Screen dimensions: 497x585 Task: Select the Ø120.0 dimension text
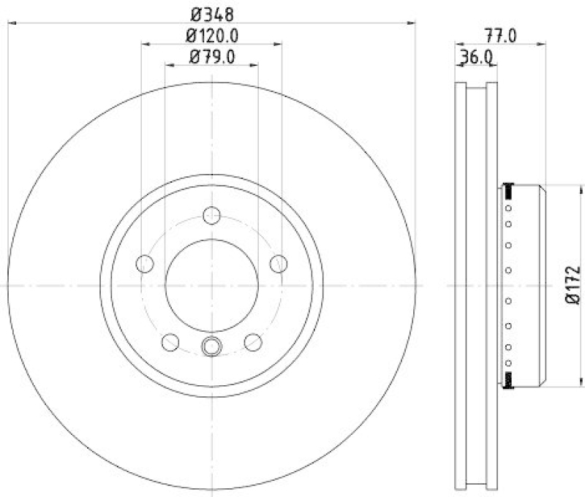(x=212, y=34)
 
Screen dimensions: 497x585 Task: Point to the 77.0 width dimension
(x=501, y=34)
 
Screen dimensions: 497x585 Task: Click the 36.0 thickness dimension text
(x=475, y=58)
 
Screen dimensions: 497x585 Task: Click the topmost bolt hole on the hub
(x=211, y=216)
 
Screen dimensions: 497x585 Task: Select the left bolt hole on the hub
(x=145, y=263)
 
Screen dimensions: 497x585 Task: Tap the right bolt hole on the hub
(x=278, y=263)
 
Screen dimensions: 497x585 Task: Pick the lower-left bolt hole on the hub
(x=170, y=341)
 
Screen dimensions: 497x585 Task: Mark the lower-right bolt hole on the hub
(x=253, y=341)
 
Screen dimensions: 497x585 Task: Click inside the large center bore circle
(x=211, y=285)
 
